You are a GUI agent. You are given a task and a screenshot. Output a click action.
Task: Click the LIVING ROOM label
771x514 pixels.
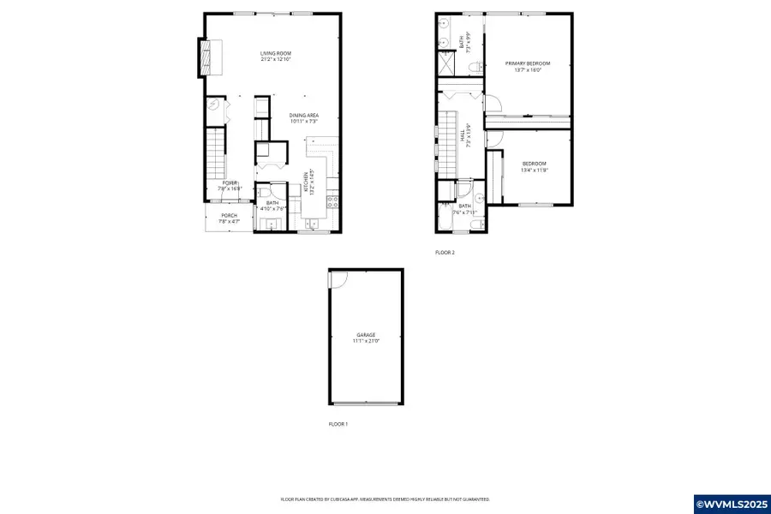point(276,54)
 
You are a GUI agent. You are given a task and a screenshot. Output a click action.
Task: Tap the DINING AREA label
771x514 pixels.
point(304,116)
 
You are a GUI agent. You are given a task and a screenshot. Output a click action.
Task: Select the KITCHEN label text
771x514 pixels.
point(303,183)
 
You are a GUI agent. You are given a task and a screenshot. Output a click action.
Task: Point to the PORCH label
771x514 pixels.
point(229,215)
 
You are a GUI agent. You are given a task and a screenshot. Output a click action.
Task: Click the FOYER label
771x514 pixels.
point(230,182)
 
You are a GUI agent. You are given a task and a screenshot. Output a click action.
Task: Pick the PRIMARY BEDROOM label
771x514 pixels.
point(527,63)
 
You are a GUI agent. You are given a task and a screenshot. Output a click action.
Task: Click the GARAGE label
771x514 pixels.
point(366,335)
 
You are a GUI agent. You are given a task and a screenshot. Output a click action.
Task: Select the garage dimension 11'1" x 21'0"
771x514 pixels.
point(366,341)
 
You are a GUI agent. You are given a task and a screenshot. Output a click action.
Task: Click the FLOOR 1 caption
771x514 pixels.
point(338,424)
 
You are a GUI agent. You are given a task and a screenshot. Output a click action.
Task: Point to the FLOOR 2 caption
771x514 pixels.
point(445,253)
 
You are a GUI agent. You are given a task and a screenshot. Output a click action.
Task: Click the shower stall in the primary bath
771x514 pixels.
point(446,63)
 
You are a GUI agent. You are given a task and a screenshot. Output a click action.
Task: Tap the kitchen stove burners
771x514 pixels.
point(333,203)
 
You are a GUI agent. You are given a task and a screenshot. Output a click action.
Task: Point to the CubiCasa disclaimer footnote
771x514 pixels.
point(385,499)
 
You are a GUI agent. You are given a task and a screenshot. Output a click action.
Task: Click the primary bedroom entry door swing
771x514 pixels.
point(493,103)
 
